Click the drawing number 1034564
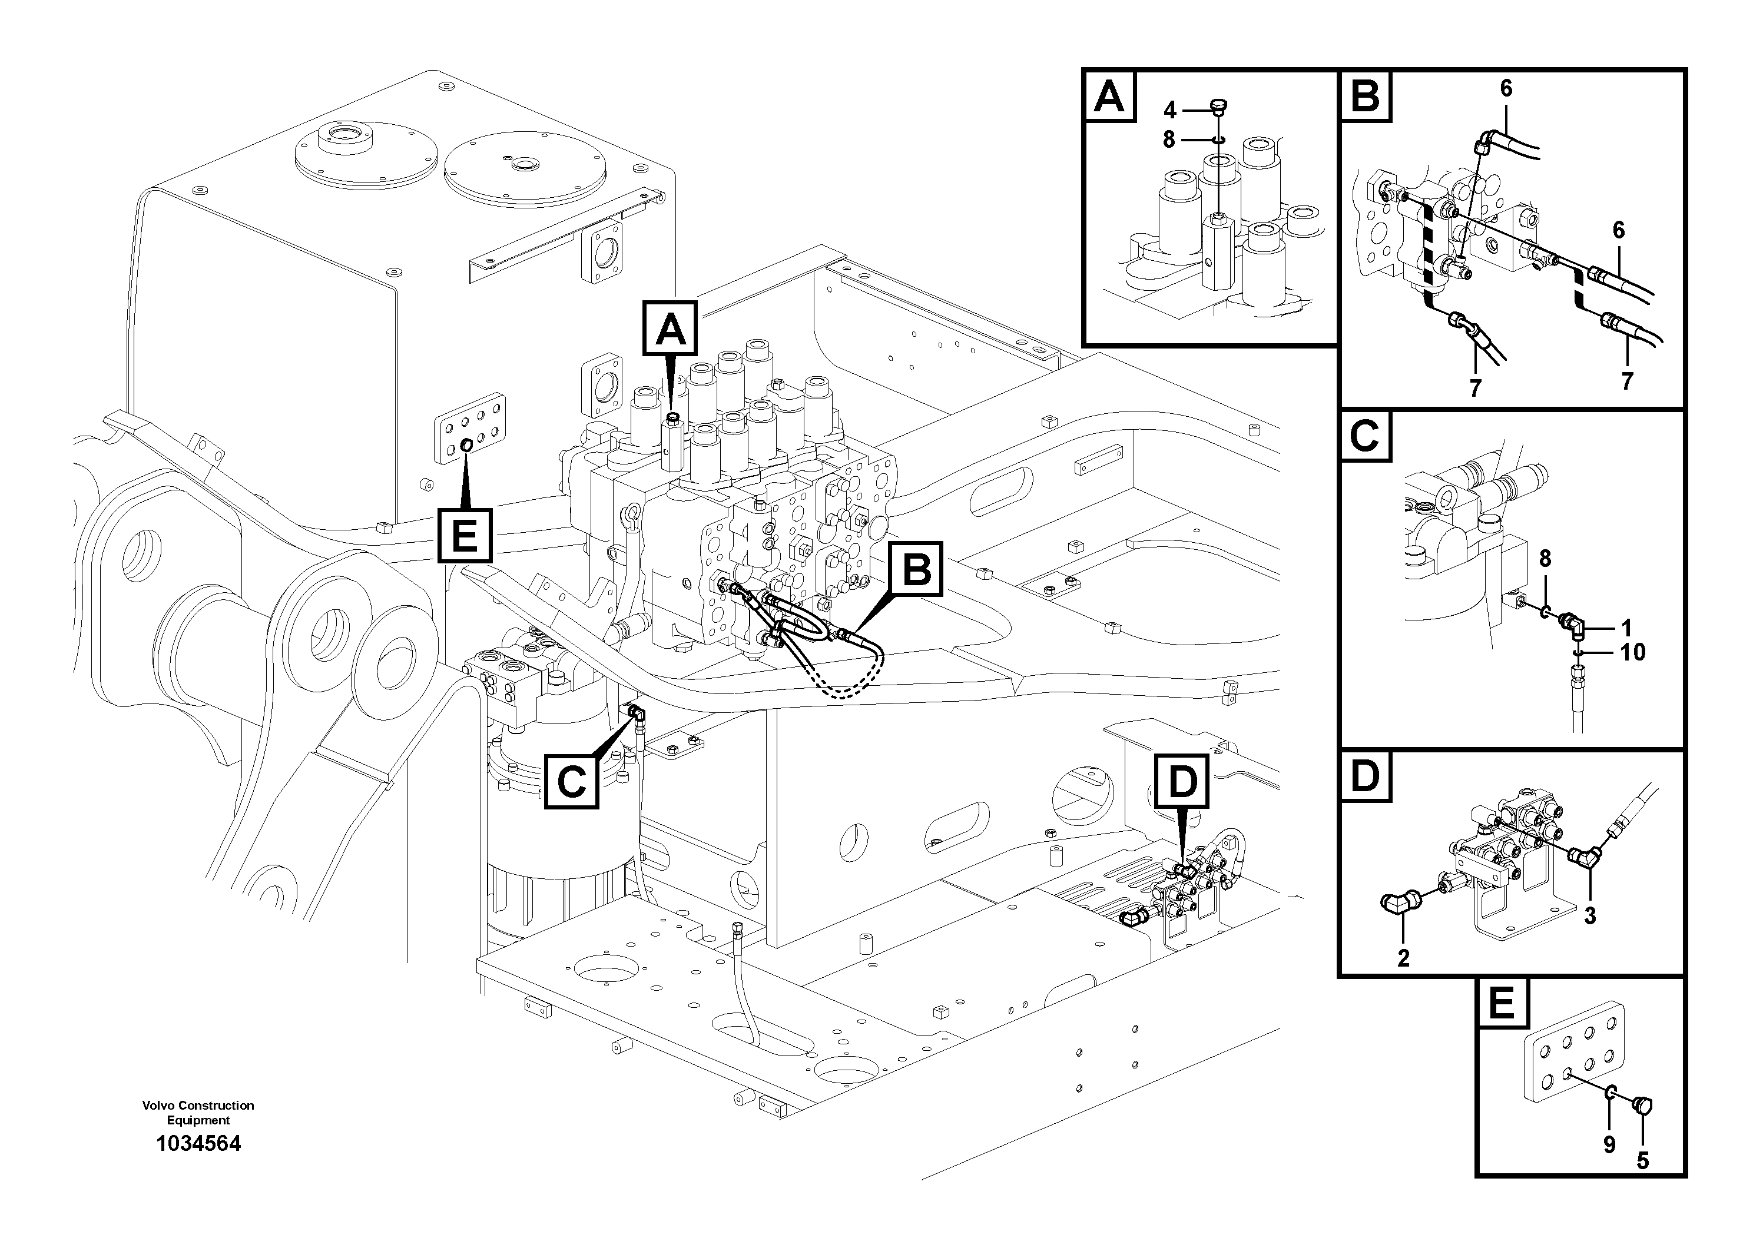198,1143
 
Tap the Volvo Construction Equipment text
198,1113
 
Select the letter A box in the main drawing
670,328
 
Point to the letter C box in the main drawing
571,782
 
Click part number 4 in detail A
1169,111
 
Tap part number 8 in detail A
1169,141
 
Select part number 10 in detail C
1632,653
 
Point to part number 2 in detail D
1403,958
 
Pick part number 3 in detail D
1590,916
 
